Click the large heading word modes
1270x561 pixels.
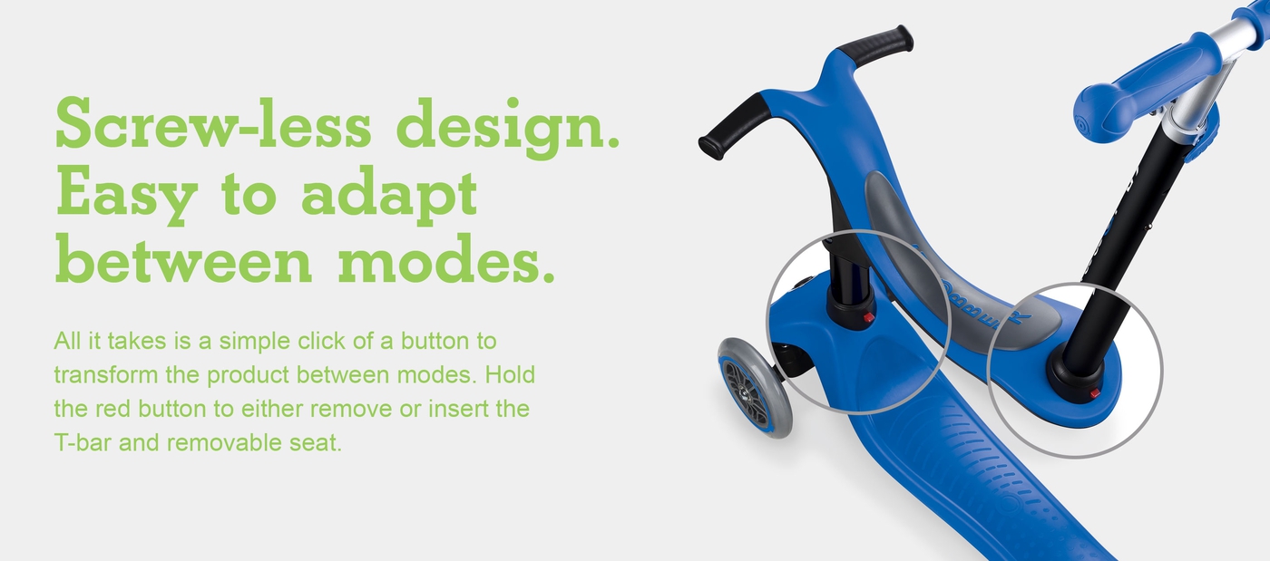[x=445, y=257]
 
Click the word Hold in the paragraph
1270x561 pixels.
[x=510, y=374]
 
